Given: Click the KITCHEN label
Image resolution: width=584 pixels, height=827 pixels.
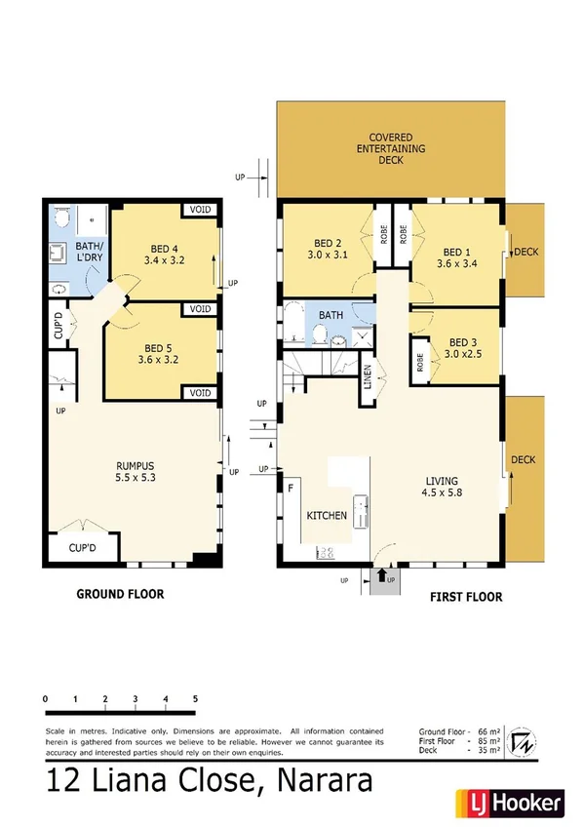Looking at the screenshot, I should pyautogui.click(x=327, y=515).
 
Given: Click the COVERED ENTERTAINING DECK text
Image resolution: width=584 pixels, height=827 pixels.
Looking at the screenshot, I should pyautogui.click(x=391, y=147).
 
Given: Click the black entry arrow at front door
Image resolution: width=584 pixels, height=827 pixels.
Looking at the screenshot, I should pyautogui.click(x=379, y=575).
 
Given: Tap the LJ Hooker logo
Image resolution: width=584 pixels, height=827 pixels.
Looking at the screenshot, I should pyautogui.click(x=507, y=803).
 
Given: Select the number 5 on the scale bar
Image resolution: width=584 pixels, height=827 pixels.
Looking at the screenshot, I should pyautogui.click(x=196, y=699).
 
